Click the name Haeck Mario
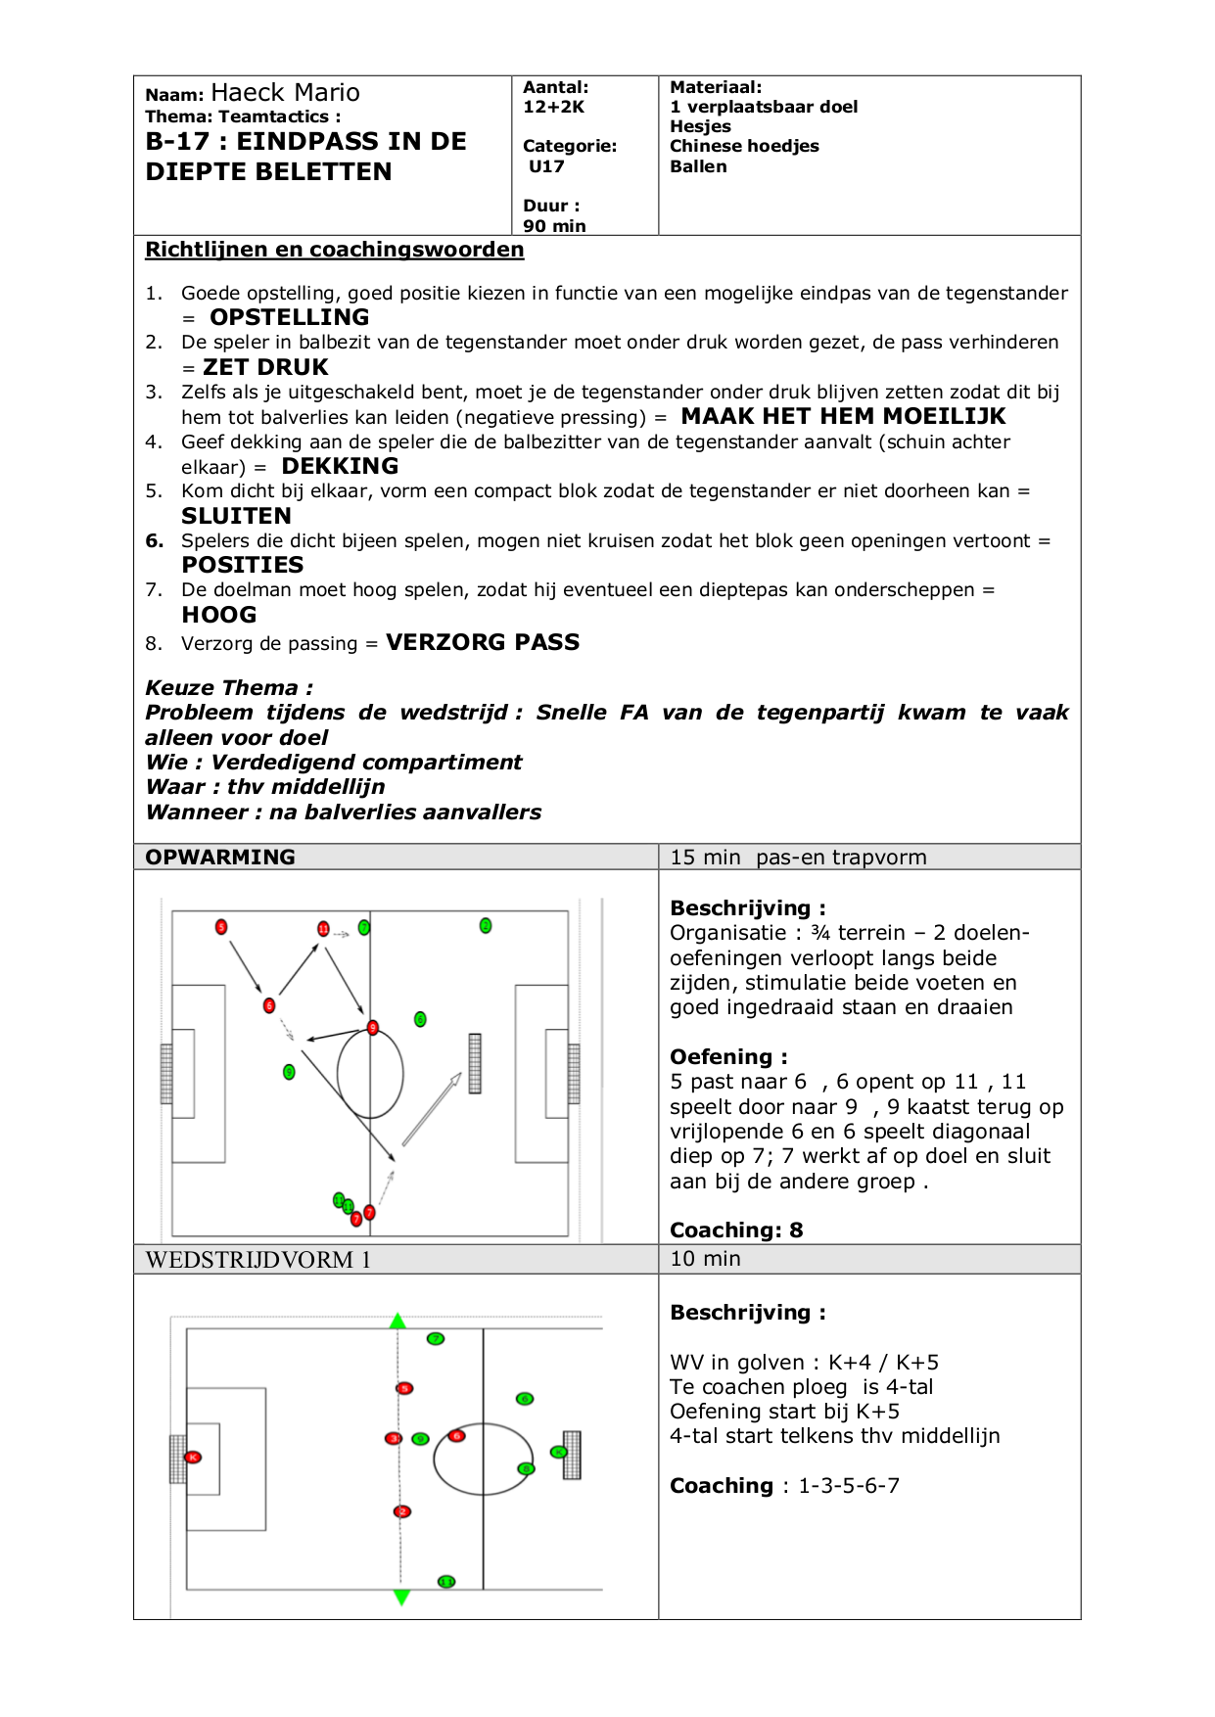285,93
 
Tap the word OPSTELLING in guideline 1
289,317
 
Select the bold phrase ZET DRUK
265,367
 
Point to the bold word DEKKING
340,466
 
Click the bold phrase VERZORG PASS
483,642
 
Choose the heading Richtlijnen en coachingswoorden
334,250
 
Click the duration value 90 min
554,226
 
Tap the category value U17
546,166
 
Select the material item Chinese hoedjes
744,146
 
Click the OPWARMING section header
220,858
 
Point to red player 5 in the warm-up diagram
221,927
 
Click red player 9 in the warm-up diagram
372,1027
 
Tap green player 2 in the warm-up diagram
486,925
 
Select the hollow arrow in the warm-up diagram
432,1108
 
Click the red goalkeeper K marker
193,1458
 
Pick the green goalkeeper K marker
558,1452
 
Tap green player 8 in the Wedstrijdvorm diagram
526,1468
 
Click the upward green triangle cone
397,1322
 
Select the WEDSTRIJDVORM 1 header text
258,1260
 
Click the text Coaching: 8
735,1230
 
